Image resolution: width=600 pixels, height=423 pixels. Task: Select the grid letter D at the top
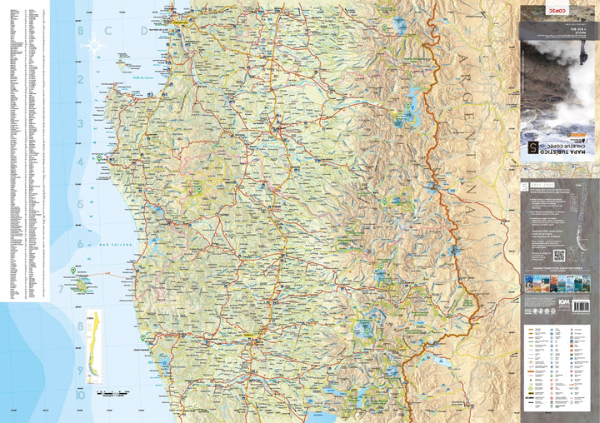(x=143, y=31)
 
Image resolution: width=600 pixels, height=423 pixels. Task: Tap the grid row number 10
(x=81, y=396)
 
